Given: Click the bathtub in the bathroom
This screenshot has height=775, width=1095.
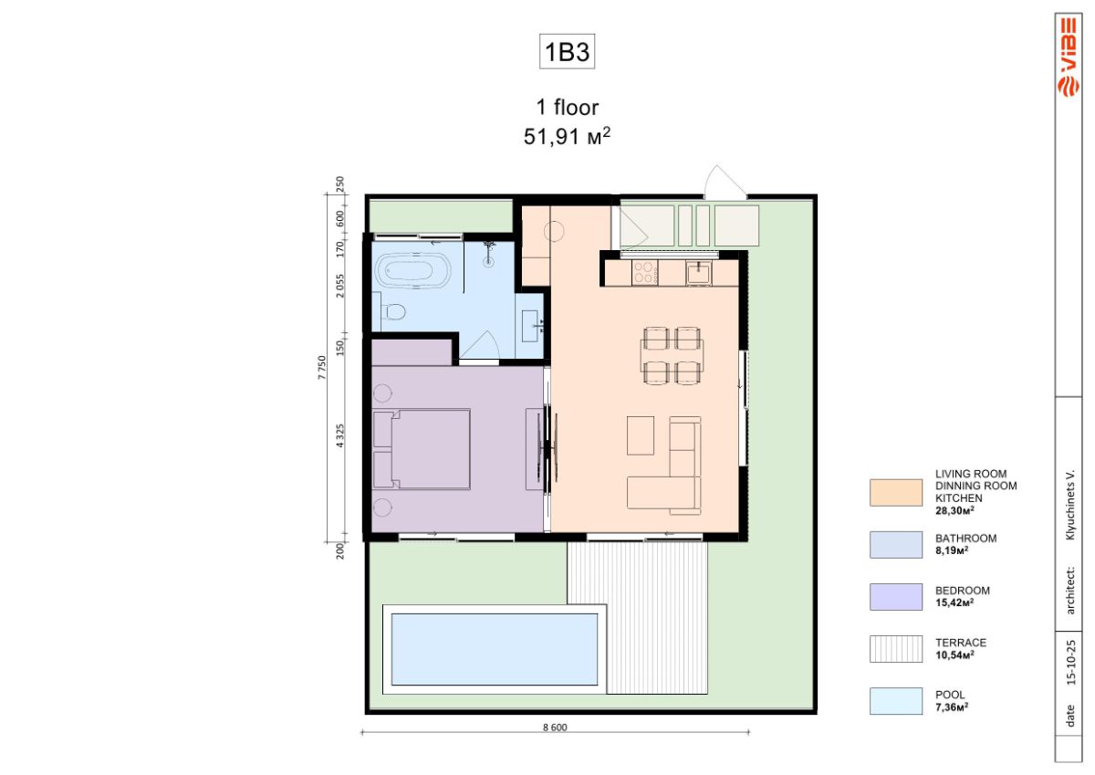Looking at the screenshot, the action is point(414,271).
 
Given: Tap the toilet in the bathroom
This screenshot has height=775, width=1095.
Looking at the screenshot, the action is point(392,311).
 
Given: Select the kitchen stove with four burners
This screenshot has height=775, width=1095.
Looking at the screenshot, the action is point(645,273).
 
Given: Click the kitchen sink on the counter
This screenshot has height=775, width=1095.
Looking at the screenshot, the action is point(699,273).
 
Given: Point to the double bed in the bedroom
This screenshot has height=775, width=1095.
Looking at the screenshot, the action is point(422,449).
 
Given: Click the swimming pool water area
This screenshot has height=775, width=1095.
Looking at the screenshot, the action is point(495,649).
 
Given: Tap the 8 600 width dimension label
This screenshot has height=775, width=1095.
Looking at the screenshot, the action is point(555,728).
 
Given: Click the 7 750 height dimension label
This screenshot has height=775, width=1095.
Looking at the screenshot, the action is point(321,367).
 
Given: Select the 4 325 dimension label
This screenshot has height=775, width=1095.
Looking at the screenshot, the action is point(340,435).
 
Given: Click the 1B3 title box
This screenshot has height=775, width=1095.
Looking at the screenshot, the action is point(567,51).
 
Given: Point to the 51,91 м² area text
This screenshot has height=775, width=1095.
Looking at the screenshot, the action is point(567,136).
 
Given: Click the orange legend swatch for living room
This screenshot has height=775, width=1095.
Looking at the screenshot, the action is point(895,492).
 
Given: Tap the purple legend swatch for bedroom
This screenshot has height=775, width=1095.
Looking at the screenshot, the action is point(895,596).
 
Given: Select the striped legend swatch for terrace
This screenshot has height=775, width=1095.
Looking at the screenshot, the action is point(895,649).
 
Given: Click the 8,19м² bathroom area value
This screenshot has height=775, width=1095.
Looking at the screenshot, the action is point(952,550).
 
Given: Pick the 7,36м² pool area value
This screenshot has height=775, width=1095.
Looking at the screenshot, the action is point(952,707).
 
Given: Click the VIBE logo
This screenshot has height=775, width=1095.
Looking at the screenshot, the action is point(1069,57).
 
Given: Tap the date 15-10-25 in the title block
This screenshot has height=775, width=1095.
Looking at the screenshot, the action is point(1071,662).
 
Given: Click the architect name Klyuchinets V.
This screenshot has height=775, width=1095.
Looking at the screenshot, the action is point(1070,505).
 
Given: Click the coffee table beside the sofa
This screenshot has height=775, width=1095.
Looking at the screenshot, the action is point(641,435).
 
